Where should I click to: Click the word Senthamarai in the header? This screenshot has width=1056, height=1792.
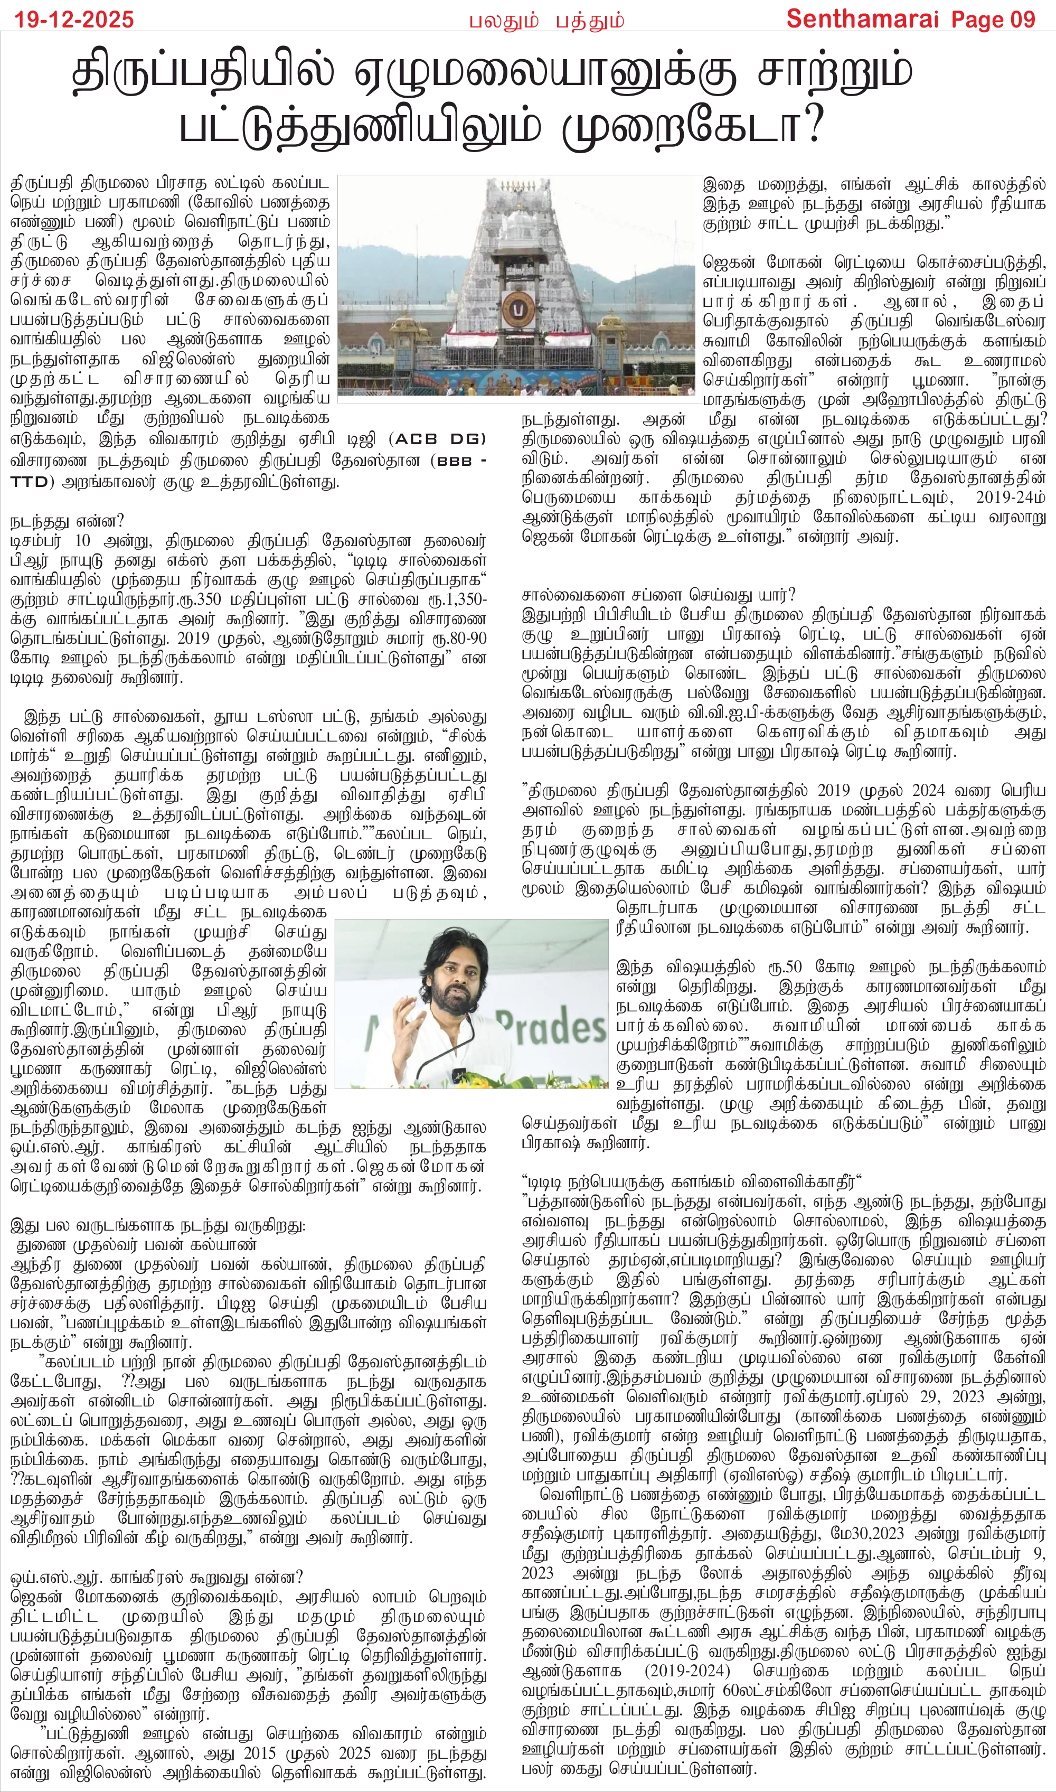tap(864, 19)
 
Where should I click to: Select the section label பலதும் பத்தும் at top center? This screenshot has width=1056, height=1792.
tap(546, 21)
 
